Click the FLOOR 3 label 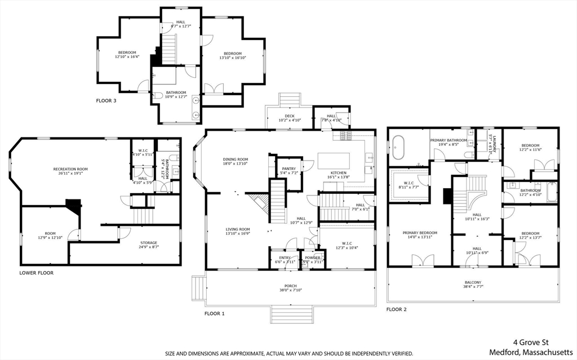pos(106,100)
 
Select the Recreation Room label pos(70,169)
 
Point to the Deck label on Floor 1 pos(290,116)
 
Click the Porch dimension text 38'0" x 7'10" pos(290,291)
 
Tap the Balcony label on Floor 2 pos(473,282)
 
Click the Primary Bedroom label pos(420,233)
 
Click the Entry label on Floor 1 pos(285,257)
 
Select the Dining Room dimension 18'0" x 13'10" pos(235,164)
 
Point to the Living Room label pos(238,229)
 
